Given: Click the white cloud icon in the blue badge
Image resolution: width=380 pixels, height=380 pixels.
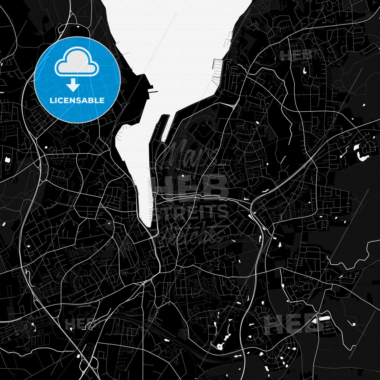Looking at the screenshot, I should point(77,64).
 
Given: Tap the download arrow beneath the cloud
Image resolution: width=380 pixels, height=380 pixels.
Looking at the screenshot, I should point(73,86).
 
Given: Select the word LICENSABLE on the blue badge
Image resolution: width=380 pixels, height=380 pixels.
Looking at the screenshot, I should point(77,101).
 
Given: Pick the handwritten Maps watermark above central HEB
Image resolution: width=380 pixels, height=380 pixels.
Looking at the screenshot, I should point(185,153).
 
